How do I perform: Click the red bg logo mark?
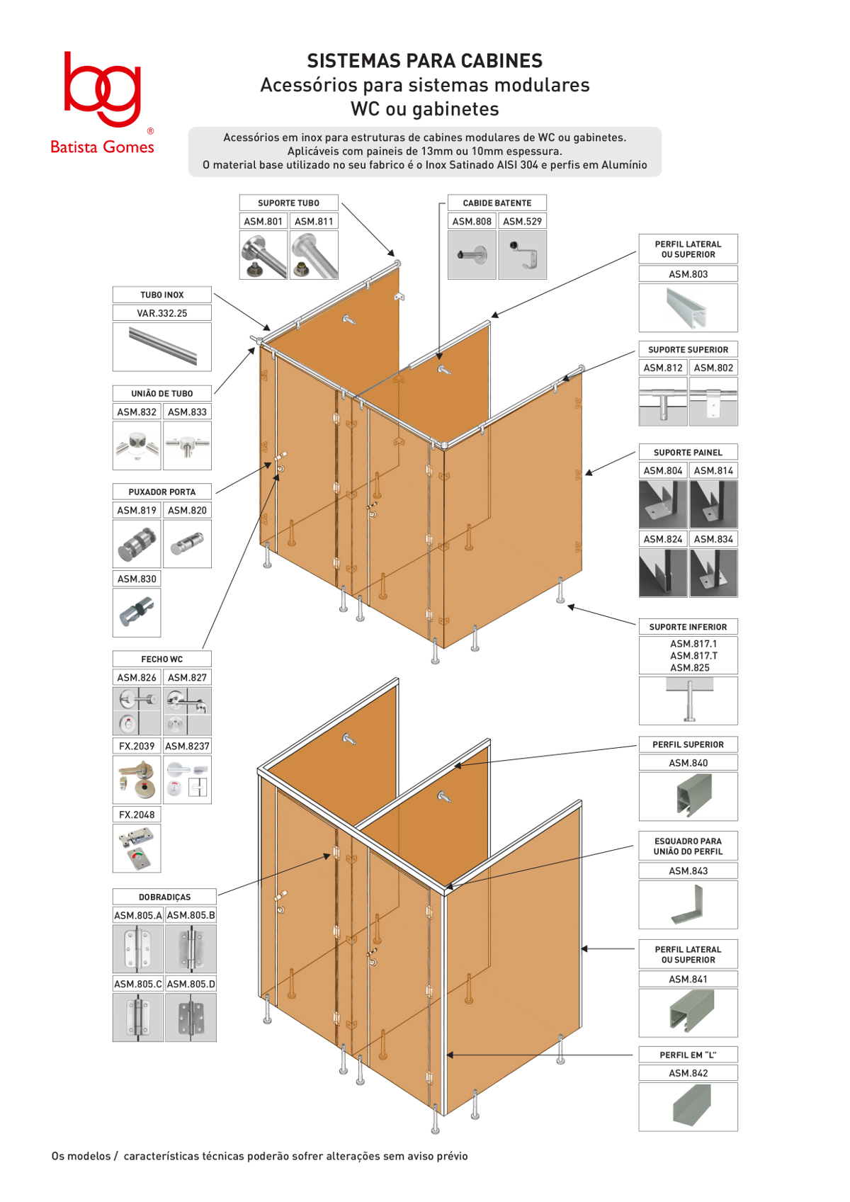[x=102, y=89]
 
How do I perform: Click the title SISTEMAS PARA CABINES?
[x=424, y=61]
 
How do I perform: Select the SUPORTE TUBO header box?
[x=289, y=203]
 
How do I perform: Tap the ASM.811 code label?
[x=314, y=221]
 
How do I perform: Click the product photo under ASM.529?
[x=522, y=255]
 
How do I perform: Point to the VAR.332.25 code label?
[x=162, y=313]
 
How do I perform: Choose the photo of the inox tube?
[x=162, y=346]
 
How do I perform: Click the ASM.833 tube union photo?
[x=187, y=446]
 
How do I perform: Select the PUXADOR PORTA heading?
[x=162, y=492]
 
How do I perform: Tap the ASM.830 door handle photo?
[x=137, y=612]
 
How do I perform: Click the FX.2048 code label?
[x=137, y=815]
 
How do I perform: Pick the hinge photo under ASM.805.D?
[x=191, y=1017]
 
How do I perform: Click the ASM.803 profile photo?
[x=688, y=308]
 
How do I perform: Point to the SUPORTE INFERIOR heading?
[x=688, y=627]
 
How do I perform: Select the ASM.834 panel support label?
[x=713, y=539]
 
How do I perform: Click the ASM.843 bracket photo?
[x=688, y=905]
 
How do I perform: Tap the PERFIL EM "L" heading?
[x=688, y=1055]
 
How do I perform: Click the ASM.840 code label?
[x=688, y=763]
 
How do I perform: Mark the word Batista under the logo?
[x=74, y=147]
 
